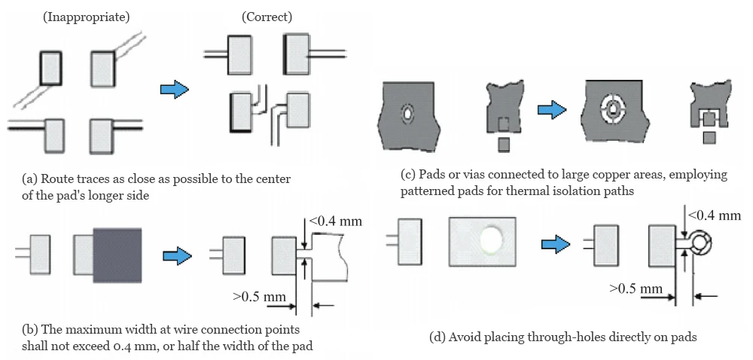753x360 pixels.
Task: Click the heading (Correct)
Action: pyautogui.click(x=267, y=16)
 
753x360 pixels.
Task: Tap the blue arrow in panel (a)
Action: pyautogui.click(x=174, y=90)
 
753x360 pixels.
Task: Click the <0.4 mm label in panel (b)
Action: pyautogui.click(x=335, y=223)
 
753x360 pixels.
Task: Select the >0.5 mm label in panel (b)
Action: pyautogui.click(x=258, y=295)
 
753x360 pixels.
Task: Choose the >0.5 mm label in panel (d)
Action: pyautogui.click(x=636, y=288)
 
